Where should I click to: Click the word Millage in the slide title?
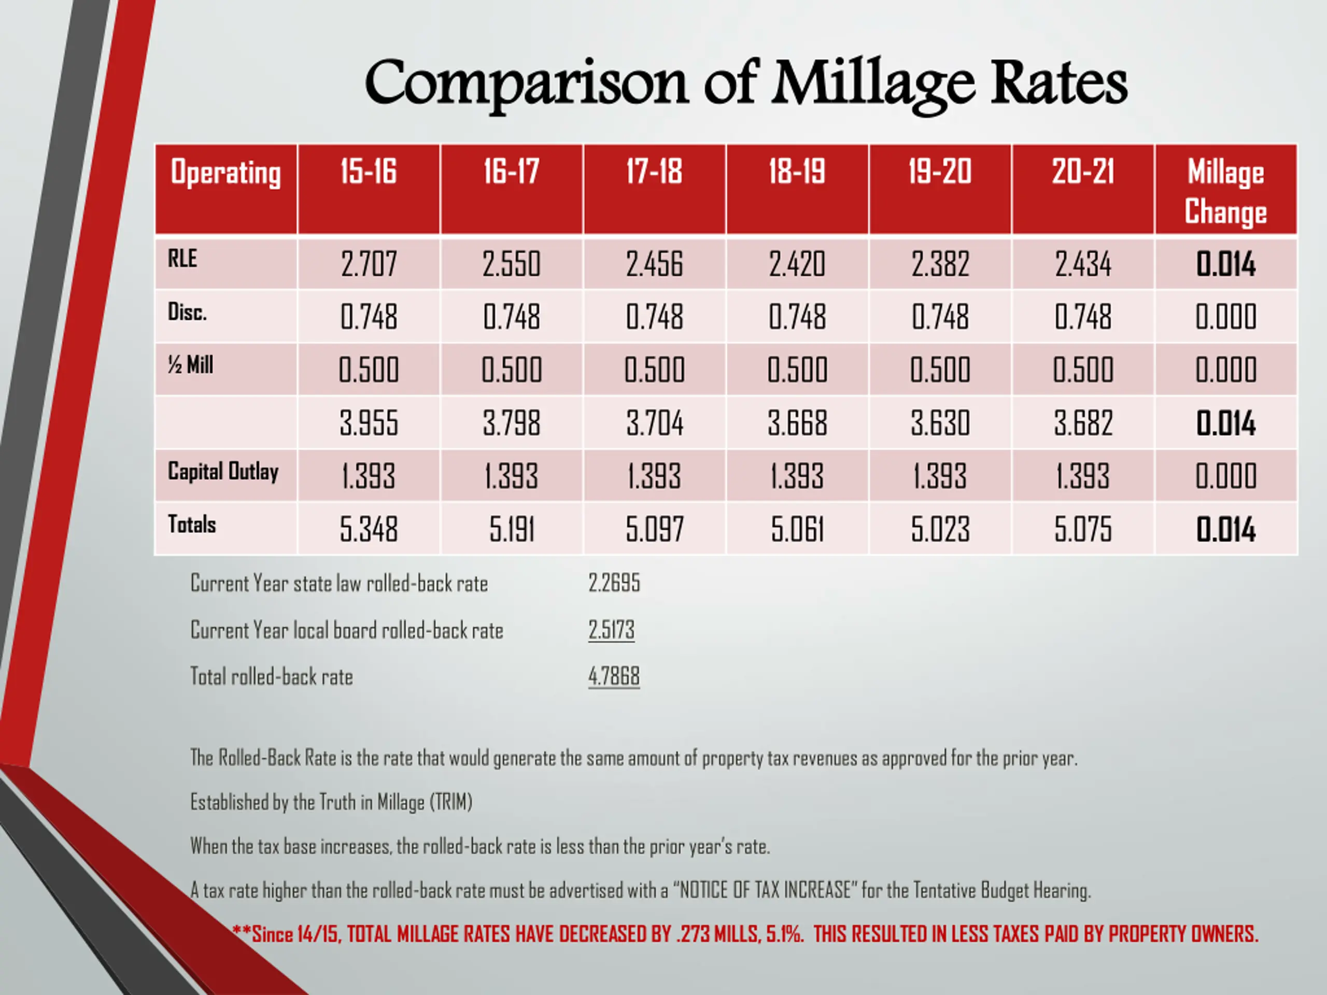pos(872,84)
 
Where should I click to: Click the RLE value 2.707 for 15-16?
pos(369,264)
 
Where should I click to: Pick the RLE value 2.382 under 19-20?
pos(940,264)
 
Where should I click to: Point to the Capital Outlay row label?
pos(223,472)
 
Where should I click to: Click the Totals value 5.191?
pos(511,530)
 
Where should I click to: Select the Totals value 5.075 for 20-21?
pos(1083,530)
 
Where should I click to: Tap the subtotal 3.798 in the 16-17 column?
pos(511,423)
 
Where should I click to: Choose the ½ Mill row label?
pos(191,365)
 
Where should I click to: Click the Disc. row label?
pos(187,312)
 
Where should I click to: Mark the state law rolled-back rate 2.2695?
pos(614,583)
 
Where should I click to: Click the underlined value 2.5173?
pos(611,630)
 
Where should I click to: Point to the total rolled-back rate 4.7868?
pos(614,676)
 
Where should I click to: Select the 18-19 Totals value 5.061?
pos(797,530)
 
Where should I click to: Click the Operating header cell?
pos(225,173)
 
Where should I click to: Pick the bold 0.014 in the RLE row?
pos(1225,264)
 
